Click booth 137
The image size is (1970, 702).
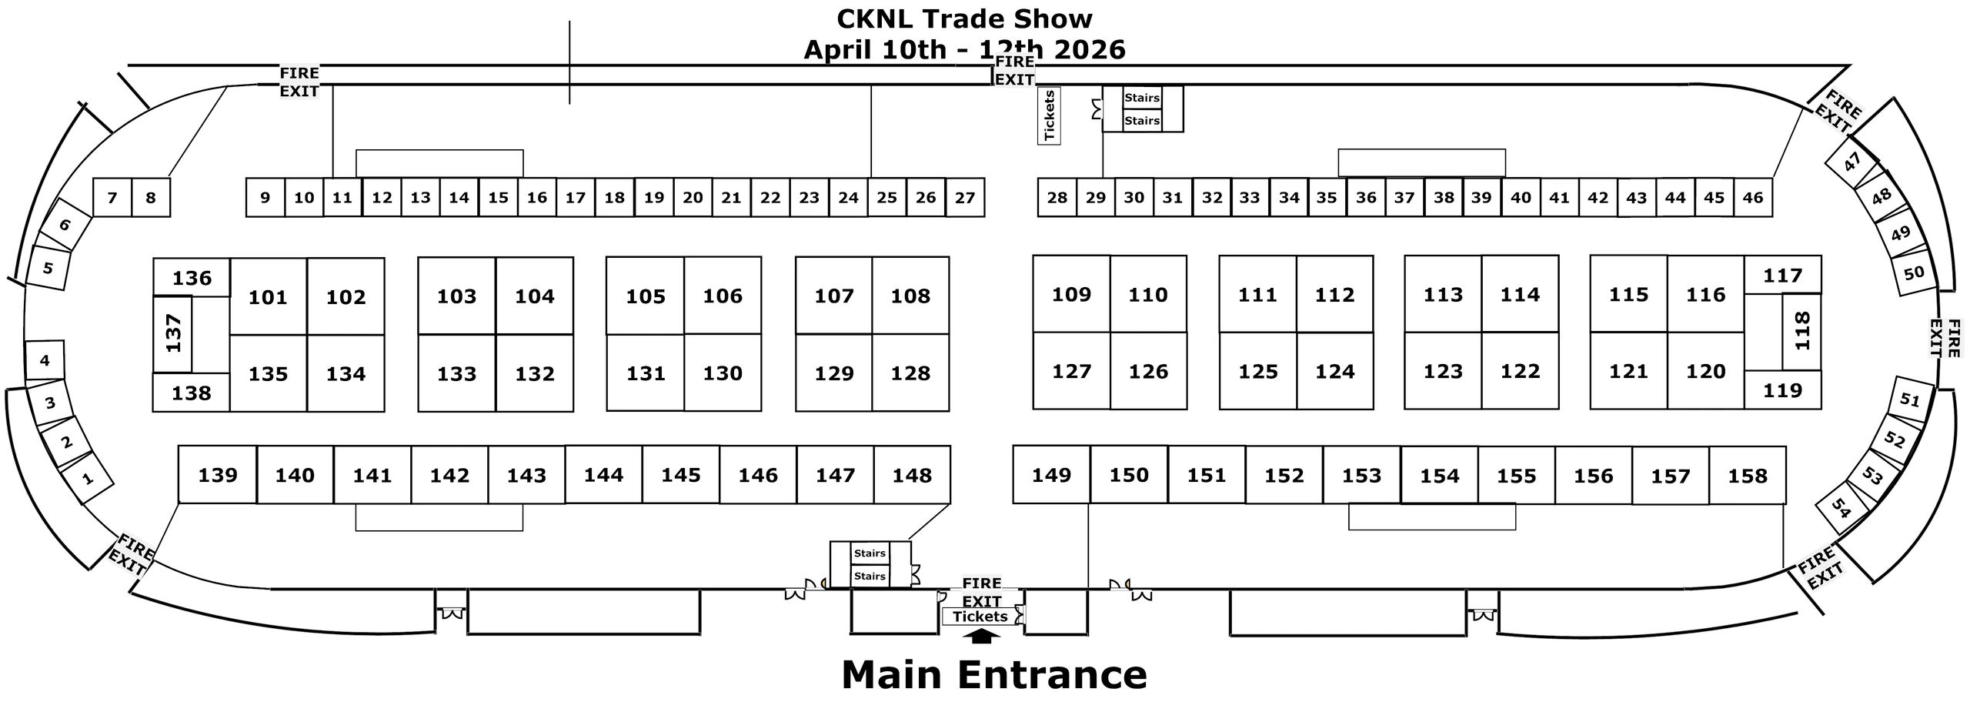coord(173,334)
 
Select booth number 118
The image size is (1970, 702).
coord(1801,332)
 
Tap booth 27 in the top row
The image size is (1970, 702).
coord(965,198)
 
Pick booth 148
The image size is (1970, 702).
coord(912,475)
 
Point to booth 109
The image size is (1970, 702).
coord(1071,294)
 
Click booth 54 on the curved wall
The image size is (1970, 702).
coord(1841,507)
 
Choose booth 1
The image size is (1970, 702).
coord(88,478)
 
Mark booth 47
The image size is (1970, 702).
coord(1852,162)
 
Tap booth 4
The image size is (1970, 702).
coord(45,360)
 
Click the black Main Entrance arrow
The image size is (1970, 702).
coord(981,635)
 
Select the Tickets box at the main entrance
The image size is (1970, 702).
coord(980,617)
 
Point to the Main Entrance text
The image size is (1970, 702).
coord(994,674)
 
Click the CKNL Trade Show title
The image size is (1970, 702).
coord(964,19)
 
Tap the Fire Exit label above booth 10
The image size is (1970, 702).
coord(299,82)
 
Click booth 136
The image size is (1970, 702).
coord(192,278)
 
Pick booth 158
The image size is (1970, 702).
coord(1747,476)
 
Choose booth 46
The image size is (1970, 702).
coord(1753,198)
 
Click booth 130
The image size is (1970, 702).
coord(723,373)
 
